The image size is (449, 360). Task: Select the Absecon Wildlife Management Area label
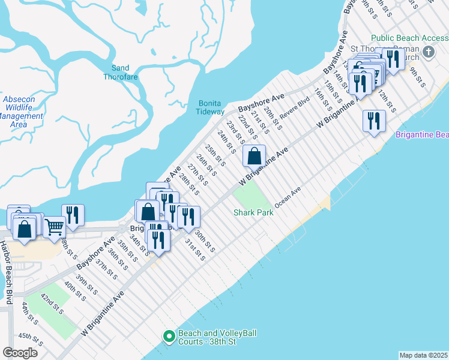[22, 112]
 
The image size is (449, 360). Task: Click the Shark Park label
[253, 212]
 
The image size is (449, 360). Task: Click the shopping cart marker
[54, 226]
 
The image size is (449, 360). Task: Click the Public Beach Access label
[409, 38]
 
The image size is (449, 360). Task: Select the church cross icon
[428, 51]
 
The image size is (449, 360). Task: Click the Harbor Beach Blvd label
[9, 273]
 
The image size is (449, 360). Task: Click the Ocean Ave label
[288, 197]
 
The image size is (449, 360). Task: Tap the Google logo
[20, 353]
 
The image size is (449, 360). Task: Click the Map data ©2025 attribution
[423, 355]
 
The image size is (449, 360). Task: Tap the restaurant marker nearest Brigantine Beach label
[373, 121]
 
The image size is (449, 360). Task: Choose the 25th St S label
[215, 155]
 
